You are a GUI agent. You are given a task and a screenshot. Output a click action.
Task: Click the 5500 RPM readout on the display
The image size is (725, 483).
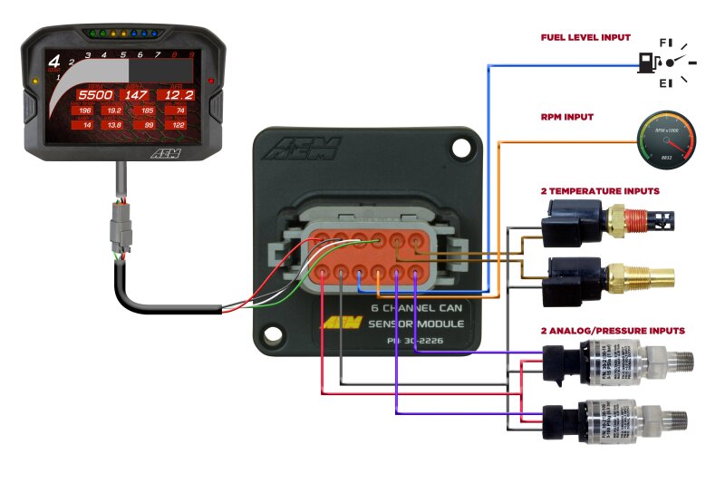93,94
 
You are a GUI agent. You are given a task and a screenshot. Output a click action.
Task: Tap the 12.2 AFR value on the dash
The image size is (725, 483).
177,94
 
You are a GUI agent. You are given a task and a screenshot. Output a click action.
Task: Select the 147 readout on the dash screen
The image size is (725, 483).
136,94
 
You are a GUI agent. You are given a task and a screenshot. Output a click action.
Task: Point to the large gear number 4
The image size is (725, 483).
54,63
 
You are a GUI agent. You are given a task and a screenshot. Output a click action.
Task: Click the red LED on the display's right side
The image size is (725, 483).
210,81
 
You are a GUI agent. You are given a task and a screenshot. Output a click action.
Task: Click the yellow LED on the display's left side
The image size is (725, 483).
34,81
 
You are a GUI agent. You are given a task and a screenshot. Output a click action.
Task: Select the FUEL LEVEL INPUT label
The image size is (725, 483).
585,38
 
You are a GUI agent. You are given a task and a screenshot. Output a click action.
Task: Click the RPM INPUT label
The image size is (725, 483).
568,116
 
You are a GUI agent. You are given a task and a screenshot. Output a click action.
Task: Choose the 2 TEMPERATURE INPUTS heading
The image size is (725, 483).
599,191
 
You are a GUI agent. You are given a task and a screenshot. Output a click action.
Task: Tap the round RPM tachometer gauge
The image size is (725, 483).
669,139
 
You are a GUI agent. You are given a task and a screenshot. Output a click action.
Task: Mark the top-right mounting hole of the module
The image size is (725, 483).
463,146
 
